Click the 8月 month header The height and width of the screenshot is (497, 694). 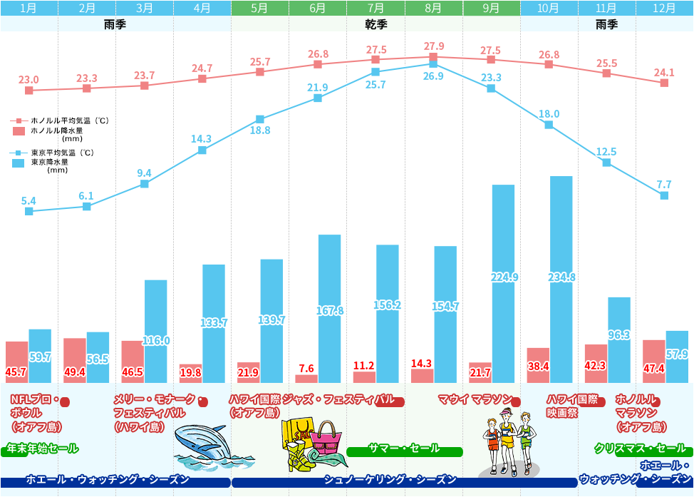point(433,9)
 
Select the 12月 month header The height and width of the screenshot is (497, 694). point(664,9)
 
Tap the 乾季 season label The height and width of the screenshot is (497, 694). point(376,24)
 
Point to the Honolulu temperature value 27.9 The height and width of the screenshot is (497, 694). point(433,46)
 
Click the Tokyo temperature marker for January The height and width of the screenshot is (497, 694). point(29,211)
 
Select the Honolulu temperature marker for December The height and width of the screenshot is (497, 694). point(664,83)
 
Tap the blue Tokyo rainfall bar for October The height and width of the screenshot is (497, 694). point(561,279)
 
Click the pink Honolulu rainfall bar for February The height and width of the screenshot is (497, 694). point(75,360)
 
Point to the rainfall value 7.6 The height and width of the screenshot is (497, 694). point(306,368)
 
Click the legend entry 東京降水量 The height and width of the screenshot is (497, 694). point(49,162)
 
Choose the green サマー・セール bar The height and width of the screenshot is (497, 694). point(405,449)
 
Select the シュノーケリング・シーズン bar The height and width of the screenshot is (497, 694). point(404,481)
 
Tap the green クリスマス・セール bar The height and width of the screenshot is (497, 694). point(641,449)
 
